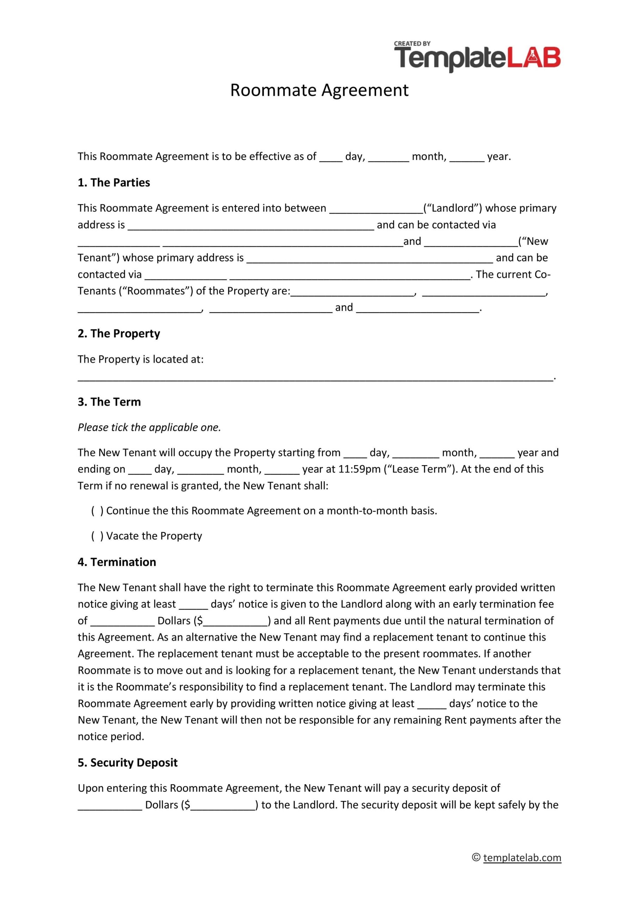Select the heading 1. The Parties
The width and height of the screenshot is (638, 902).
click(114, 183)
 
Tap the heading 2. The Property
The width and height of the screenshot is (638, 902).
click(119, 334)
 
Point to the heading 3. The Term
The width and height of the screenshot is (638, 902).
click(109, 402)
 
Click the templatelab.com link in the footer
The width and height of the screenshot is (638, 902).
click(522, 869)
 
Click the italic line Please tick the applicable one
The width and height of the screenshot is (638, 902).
click(149, 427)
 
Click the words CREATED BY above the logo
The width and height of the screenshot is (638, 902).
click(412, 44)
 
